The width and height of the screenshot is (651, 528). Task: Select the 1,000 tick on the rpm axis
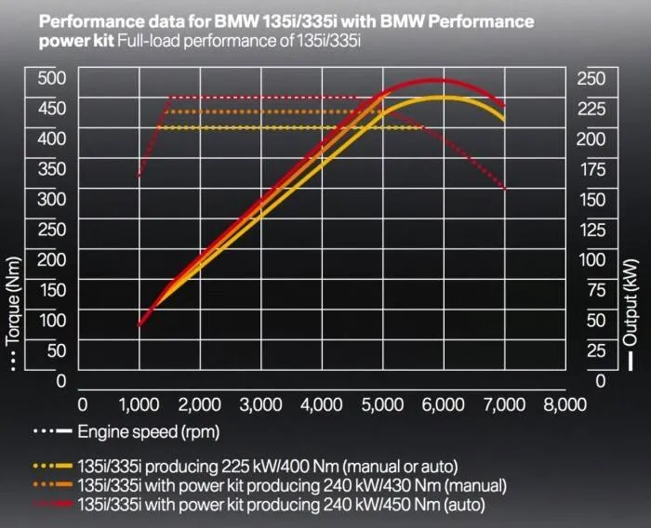[139, 404]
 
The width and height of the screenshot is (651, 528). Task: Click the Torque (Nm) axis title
[13, 297]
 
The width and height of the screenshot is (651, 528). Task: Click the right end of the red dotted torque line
[505, 190]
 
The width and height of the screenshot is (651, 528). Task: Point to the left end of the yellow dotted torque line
[170, 127]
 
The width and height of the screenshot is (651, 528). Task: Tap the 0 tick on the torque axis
[60, 380]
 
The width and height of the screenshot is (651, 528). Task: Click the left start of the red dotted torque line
[139, 176]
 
